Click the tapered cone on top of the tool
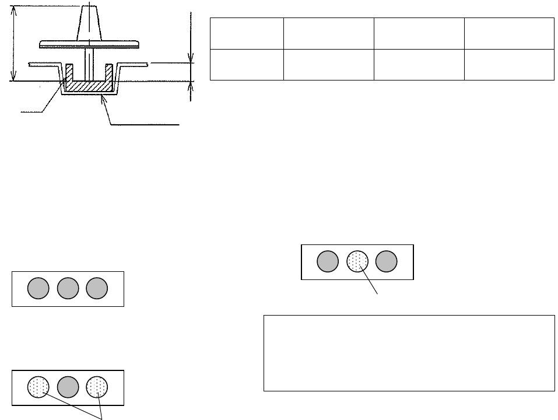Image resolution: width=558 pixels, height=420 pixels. point(87,23)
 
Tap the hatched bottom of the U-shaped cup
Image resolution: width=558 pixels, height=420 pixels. point(88,86)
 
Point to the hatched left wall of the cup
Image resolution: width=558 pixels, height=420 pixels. point(68,73)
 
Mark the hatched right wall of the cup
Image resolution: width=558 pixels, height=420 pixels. point(108,73)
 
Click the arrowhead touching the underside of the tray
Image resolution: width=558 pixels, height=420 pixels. point(103,99)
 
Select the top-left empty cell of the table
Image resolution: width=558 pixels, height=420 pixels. point(246,34)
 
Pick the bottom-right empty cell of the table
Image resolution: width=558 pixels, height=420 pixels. point(508,64)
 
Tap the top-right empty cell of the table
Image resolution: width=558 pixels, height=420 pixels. point(508,34)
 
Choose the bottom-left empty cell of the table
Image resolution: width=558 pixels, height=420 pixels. point(246,64)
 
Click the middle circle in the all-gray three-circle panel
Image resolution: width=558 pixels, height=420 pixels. point(68,289)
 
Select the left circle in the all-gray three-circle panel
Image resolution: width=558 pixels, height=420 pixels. point(39,289)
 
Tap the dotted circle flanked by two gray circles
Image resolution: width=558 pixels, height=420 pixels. point(357,262)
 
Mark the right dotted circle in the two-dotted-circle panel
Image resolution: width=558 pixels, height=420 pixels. point(97,387)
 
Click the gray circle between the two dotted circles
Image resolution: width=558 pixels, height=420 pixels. point(68,387)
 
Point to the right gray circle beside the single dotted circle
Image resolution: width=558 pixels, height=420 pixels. point(386,262)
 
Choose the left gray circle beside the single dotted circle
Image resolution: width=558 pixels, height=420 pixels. point(328,262)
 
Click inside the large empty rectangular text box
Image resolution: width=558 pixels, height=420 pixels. point(408,353)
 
